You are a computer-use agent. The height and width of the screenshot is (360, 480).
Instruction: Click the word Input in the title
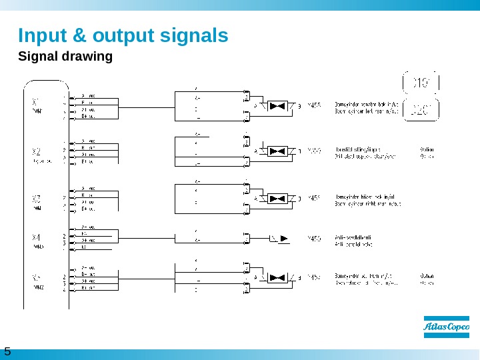click(x=39, y=35)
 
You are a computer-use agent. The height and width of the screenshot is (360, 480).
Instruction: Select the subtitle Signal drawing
click(x=65, y=56)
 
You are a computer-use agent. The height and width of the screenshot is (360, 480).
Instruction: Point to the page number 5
click(x=7, y=351)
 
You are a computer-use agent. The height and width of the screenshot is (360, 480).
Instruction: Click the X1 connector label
click(x=37, y=102)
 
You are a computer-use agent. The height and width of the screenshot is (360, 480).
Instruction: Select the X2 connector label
click(x=37, y=151)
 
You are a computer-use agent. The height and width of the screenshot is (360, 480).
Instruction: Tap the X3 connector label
click(x=37, y=198)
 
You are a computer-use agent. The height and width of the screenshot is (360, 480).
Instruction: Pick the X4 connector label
click(x=37, y=237)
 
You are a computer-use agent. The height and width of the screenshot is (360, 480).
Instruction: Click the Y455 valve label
click(x=314, y=105)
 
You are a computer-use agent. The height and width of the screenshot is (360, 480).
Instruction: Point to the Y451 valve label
click(x=314, y=198)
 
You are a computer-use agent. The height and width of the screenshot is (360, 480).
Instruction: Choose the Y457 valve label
click(x=314, y=277)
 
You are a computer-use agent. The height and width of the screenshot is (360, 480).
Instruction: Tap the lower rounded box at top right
click(x=421, y=109)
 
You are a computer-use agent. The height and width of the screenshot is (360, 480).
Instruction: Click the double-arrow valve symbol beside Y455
click(x=277, y=105)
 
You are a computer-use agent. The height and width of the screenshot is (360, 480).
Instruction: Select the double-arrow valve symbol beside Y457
click(x=277, y=277)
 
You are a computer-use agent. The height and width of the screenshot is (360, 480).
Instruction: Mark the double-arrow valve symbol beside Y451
click(x=277, y=198)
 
